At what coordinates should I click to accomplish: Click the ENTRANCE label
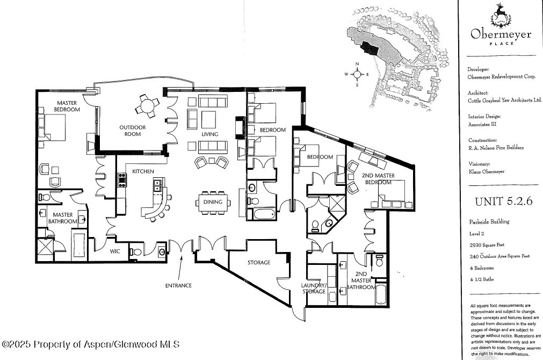pos(178,285)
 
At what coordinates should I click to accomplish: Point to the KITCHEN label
pos(143,171)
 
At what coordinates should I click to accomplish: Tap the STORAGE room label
pos(258,263)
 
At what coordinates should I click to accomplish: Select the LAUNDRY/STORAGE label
pos(314,289)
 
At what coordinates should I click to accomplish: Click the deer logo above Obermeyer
pos(500,15)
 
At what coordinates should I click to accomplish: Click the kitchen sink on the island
pos(158,185)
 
